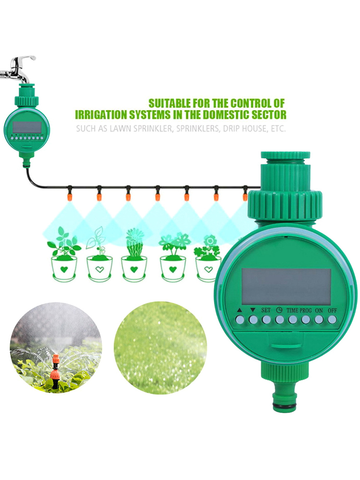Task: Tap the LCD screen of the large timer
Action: point(287,286)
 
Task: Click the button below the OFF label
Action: point(332,319)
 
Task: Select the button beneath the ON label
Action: point(319,319)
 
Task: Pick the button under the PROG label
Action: point(305,319)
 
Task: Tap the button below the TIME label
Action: point(292,319)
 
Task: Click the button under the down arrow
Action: point(253,319)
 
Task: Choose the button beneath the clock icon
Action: point(279,319)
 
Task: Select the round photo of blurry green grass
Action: point(161,348)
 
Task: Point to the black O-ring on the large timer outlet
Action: point(285,406)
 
